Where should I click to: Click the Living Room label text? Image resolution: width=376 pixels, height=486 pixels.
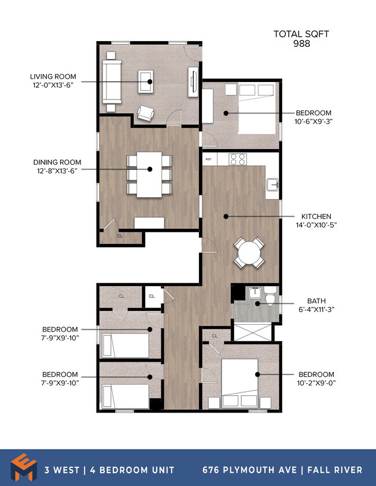53,76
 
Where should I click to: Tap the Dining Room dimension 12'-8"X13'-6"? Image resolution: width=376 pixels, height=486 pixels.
57,171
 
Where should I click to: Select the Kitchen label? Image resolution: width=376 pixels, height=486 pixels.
316,216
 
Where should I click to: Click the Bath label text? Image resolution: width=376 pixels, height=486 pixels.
316,300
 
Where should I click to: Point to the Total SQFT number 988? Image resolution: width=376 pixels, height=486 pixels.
301,43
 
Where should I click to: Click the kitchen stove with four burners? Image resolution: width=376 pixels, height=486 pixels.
238,159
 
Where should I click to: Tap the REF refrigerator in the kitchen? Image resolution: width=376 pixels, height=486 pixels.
209,159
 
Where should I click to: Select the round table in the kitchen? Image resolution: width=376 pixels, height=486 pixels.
249,253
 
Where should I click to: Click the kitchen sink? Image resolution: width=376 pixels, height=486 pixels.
272,184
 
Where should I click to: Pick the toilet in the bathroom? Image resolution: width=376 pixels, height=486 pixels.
270,296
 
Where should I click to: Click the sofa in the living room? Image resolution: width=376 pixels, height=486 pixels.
112,82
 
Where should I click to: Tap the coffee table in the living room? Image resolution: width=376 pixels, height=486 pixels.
146,81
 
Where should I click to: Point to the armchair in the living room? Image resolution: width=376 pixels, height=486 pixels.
146,113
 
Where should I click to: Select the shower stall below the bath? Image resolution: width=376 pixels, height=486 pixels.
253,332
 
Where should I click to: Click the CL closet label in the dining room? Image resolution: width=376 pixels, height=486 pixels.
120,236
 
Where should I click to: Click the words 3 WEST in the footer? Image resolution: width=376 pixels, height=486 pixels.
62,470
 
